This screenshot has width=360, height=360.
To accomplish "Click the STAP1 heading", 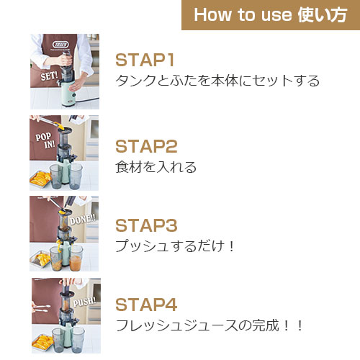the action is tap(145, 60).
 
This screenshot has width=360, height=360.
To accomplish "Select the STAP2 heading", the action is tap(146, 146).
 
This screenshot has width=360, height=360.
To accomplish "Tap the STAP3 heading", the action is tap(146, 225).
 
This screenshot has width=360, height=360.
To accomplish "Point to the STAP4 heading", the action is tap(146, 305).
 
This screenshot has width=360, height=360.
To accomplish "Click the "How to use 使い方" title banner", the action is tap(271, 15).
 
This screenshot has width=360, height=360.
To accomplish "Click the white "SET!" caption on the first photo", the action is tap(49, 76).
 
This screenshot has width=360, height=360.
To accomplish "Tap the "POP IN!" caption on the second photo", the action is tap(45, 140).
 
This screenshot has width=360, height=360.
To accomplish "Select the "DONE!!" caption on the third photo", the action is tap(83, 219).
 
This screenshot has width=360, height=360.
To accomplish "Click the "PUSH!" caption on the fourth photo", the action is tap(84, 302).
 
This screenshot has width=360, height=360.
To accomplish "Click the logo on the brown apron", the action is tap(60, 45).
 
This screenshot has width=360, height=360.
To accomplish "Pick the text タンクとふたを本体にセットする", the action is tap(217, 81).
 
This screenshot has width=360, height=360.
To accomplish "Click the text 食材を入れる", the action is tap(156, 167).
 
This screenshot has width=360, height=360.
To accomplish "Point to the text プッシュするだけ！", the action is tap(175, 246).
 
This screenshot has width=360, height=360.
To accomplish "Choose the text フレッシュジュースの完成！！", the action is tap(210, 325).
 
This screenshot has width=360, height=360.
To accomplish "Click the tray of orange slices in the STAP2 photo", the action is tap(40, 179).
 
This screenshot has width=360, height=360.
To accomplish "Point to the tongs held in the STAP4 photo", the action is tap(41, 309).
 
